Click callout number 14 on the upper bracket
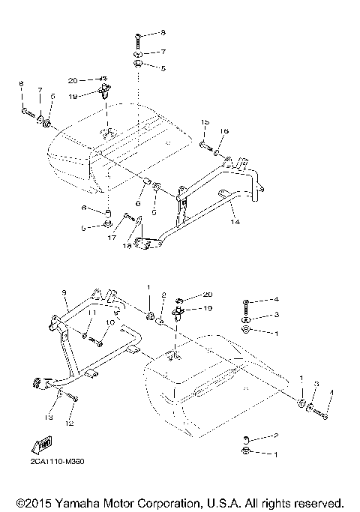pos(234,223)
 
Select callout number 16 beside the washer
pos(223,131)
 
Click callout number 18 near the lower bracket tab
pos(127,245)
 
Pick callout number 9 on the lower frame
pos(64,292)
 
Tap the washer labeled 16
pos(216,153)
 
